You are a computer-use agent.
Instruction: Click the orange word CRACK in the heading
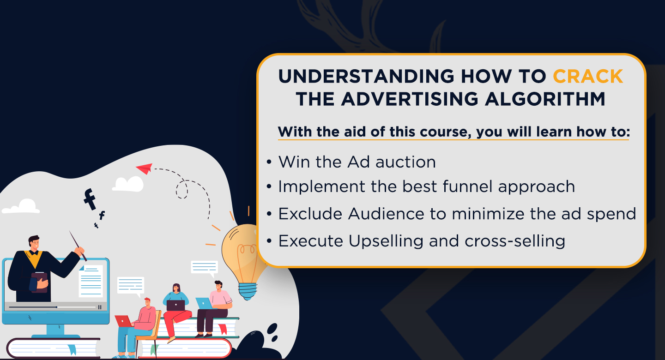pos(588,76)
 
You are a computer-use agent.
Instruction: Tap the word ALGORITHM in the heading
pos(545,99)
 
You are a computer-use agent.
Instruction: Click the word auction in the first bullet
pos(405,162)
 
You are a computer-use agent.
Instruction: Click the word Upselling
pos(386,241)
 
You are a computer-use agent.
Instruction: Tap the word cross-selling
pos(515,241)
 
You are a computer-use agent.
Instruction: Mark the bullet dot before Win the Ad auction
pos(269,162)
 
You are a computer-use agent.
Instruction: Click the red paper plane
pos(145,168)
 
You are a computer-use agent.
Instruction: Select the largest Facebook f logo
pos(90,199)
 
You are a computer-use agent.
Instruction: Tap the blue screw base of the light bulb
pos(248,291)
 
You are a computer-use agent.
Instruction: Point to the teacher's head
pos(34,243)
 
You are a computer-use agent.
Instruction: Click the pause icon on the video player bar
pos(100,307)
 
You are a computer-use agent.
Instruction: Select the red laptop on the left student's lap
pos(123,321)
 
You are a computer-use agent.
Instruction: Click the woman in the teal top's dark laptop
pos(175,306)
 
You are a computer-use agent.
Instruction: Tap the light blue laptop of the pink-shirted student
pos(204,303)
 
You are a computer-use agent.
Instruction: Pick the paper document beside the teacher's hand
pos(91,281)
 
